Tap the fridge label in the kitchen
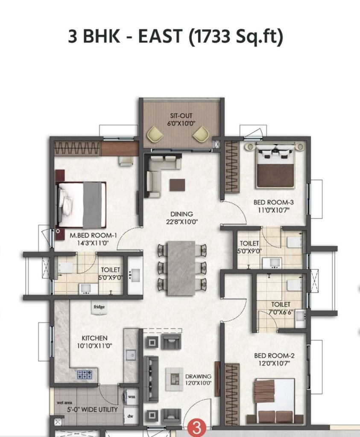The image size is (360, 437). tap(99, 307)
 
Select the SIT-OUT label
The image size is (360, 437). tap(181, 116)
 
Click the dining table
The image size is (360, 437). tap(181, 268)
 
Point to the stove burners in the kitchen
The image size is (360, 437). tap(85, 374)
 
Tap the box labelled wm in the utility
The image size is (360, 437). tap(131, 396)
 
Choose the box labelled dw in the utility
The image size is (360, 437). tap(131, 416)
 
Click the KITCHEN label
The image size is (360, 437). tap(94, 338)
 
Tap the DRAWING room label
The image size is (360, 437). tap(198, 376)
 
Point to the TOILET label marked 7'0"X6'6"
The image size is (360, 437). tap(281, 304)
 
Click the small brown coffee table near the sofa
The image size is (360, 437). tap(178, 185)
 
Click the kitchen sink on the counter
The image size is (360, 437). tap(131, 355)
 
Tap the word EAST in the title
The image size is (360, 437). tap(160, 36)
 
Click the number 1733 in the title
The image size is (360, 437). tap(212, 36)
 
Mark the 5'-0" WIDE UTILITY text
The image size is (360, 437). tap(92, 409)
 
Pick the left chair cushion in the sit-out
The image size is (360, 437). tap(155, 134)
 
